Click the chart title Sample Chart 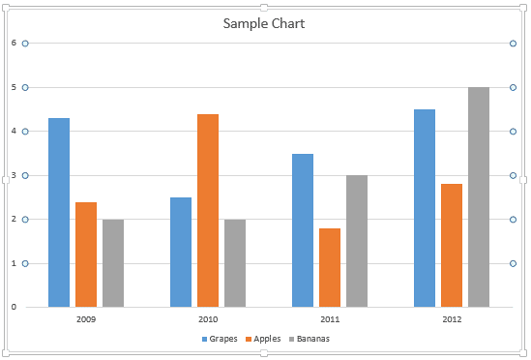[x=264, y=23]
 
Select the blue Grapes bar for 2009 [x=59, y=212]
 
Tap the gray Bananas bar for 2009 [x=113, y=262]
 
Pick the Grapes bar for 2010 [x=181, y=252]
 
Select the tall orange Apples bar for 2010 [x=208, y=210]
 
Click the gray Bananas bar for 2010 [x=235, y=262]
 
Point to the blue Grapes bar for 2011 [x=303, y=229]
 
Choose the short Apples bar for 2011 [x=330, y=267]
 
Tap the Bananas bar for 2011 [x=357, y=241]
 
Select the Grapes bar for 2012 [x=425, y=208]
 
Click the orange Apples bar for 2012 [x=452, y=245]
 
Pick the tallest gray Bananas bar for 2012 [x=479, y=196]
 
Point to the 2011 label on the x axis [x=330, y=318]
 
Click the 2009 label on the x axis [x=86, y=318]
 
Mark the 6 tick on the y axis [x=14, y=43]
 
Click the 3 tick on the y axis [x=14, y=175]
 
